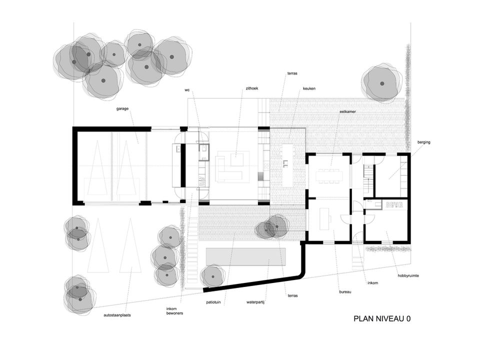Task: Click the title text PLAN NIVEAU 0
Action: [382, 318]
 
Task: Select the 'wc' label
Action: [187, 90]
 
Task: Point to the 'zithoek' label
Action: [251, 88]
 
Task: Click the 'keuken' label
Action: [309, 88]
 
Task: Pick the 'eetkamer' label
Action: [347, 112]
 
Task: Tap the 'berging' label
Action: [424, 142]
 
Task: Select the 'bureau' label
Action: [344, 291]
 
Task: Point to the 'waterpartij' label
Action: [254, 302]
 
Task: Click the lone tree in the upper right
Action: [381, 83]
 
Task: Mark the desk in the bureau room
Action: [324, 218]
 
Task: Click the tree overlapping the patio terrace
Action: [272, 227]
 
